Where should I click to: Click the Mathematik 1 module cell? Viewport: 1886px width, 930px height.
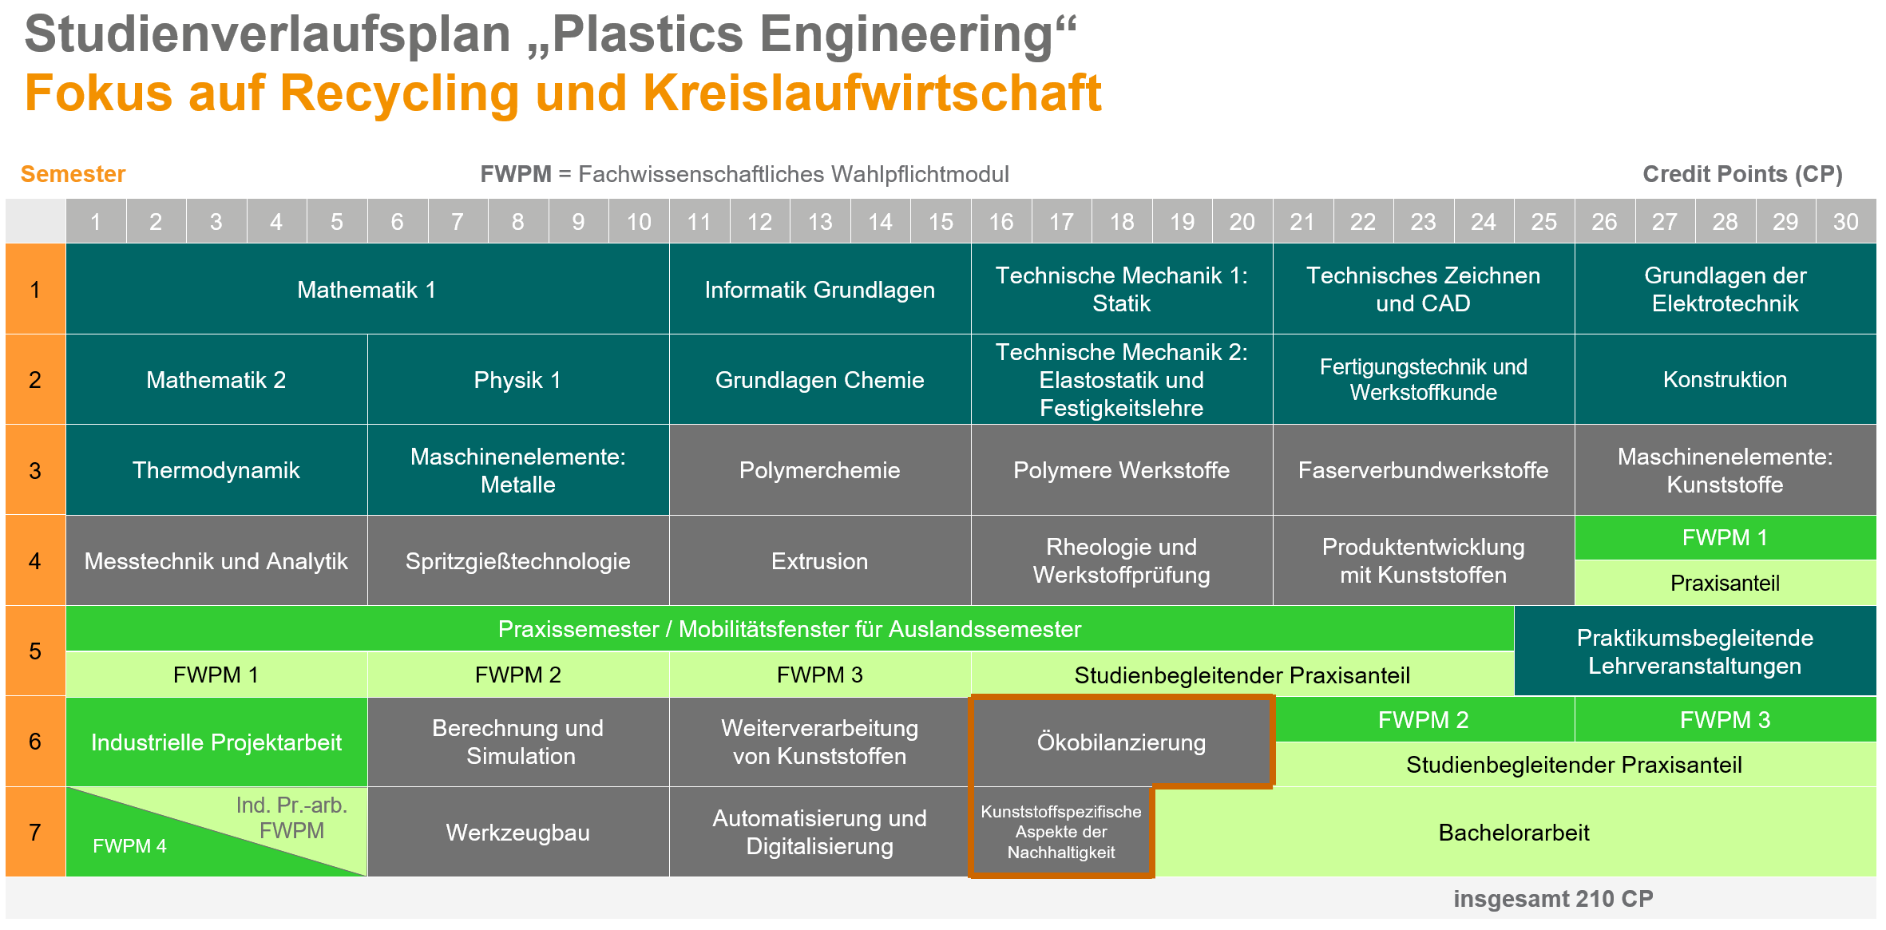[367, 289]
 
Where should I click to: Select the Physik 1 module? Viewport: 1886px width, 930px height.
[518, 380]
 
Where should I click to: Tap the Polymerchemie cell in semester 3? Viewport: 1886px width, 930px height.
[820, 470]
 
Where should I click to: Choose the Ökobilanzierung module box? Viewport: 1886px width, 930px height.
[1122, 742]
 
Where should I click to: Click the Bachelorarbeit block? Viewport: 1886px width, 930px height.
[1515, 833]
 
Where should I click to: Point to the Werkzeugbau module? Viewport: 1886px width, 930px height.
[518, 833]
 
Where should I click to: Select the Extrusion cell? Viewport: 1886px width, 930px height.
[820, 561]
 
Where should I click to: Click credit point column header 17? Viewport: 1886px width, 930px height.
[1061, 221]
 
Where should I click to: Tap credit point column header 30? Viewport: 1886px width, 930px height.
[1846, 221]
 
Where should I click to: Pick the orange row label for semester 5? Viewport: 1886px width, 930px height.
[35, 651]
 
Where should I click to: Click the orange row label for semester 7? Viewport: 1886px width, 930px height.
[35, 833]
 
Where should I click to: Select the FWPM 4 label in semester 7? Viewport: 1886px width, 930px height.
[129, 846]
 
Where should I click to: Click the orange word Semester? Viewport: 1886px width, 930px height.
[73, 174]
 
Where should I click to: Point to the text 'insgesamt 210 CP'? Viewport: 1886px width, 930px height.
[1553, 899]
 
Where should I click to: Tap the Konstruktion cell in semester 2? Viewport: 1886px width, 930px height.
[1726, 380]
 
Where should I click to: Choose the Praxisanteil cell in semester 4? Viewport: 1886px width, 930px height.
[1726, 583]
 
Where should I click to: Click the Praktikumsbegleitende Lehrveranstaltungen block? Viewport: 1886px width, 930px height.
[1695, 651]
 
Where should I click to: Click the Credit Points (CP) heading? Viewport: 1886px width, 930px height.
[1742, 174]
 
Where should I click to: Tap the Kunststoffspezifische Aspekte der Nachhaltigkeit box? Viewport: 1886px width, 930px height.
[1061, 833]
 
